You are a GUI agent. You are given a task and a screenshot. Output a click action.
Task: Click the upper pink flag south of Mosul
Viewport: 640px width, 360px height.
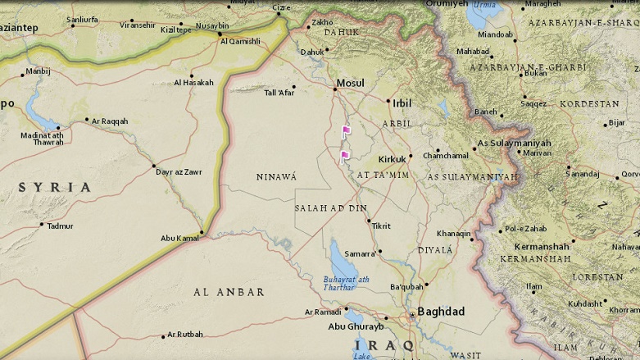(x=346, y=131)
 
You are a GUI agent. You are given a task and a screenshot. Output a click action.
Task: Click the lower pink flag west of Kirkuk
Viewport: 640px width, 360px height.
(x=345, y=156)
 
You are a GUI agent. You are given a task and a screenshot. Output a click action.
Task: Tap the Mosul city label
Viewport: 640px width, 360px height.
(x=351, y=84)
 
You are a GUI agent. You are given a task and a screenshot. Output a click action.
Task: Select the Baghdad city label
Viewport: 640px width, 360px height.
(x=441, y=312)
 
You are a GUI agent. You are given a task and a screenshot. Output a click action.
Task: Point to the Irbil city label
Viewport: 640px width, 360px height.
(x=402, y=103)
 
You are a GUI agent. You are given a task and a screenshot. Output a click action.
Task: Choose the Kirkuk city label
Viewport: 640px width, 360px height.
(x=393, y=159)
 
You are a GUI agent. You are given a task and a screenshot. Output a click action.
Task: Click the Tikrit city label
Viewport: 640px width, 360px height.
(x=381, y=226)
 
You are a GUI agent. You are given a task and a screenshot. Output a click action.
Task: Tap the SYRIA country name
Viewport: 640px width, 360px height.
(x=55, y=188)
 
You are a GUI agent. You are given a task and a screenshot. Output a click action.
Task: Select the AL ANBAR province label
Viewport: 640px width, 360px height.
(x=229, y=292)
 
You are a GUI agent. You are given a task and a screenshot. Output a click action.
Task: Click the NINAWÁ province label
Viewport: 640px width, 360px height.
(x=276, y=177)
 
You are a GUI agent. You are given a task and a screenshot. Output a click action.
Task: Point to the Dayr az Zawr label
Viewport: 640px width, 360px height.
(x=178, y=172)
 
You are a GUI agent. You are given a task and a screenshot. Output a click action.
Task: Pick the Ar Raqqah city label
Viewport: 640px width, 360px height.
(x=110, y=121)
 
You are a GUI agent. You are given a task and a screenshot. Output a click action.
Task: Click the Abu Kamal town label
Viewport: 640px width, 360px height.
(x=180, y=239)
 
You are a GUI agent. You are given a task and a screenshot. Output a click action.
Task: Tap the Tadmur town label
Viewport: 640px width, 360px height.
(x=60, y=226)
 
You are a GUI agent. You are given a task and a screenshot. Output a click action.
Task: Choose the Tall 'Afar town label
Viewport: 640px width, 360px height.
(x=279, y=93)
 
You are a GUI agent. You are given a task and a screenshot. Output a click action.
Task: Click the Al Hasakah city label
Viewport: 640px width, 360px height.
(x=193, y=83)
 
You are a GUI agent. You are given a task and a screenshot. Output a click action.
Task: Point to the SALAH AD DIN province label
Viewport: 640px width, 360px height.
(x=330, y=208)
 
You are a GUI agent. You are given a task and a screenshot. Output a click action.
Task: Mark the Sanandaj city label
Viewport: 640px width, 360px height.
(x=583, y=174)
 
